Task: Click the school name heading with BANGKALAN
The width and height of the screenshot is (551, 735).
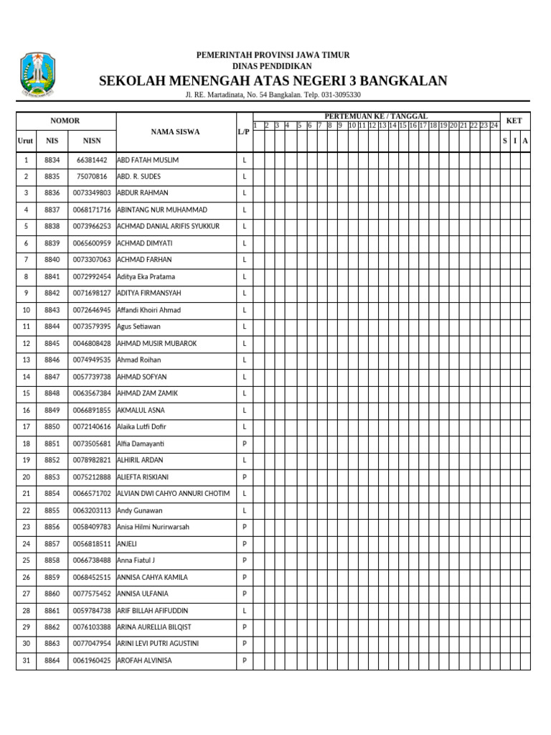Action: tap(273, 80)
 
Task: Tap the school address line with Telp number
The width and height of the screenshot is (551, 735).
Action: tap(273, 95)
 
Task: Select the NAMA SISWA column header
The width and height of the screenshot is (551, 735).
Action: tap(175, 132)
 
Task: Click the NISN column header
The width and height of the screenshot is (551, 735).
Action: tap(92, 141)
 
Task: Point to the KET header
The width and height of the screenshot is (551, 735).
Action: tap(514, 121)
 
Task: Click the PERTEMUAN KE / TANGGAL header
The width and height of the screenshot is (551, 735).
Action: tap(376, 116)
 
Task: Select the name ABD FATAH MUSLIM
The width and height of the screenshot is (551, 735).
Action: tap(148, 160)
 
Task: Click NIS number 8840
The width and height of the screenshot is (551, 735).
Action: tap(52, 260)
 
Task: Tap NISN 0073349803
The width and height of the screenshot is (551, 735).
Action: tap(92, 193)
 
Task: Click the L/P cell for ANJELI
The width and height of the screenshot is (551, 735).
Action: tap(244, 544)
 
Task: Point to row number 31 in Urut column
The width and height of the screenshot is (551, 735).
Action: tap(26, 660)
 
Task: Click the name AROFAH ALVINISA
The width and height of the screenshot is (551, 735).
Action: tap(144, 660)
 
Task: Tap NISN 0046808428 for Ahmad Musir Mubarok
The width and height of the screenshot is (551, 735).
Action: tap(92, 344)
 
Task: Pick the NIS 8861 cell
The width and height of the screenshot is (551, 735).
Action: tap(52, 611)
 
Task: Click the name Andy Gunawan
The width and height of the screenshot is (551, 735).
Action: tap(139, 510)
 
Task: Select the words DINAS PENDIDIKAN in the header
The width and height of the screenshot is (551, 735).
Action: tap(273, 66)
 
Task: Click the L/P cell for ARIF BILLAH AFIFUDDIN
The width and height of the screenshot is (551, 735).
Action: tap(244, 611)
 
